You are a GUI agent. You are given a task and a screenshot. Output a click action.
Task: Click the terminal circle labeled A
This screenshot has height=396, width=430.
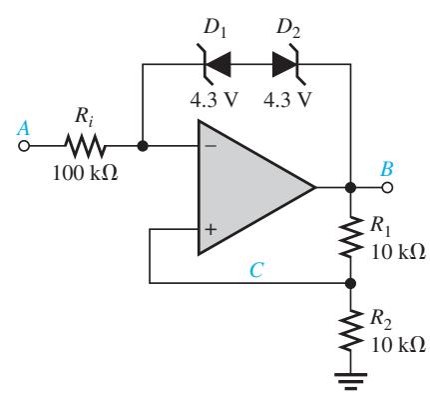pyautogui.click(x=23, y=146)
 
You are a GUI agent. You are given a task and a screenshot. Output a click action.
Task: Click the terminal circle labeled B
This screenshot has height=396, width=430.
pyautogui.click(x=387, y=188)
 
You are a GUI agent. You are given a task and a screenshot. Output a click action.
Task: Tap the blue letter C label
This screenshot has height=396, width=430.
pyautogui.click(x=256, y=270)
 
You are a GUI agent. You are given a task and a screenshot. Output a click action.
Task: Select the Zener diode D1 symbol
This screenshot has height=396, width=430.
pyautogui.click(x=216, y=64)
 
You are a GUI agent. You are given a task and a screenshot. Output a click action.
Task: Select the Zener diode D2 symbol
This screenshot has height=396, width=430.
pyautogui.click(x=286, y=64)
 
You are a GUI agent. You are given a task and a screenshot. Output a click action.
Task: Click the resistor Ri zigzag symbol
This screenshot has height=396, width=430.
pyautogui.click(x=85, y=146)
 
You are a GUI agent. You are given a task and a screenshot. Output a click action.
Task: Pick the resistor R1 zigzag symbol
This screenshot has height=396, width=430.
pyautogui.click(x=350, y=236)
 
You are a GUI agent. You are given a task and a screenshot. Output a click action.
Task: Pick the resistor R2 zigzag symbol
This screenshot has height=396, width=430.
pyautogui.click(x=350, y=331)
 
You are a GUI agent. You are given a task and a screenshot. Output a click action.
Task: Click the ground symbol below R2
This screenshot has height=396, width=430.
pyautogui.click(x=350, y=381)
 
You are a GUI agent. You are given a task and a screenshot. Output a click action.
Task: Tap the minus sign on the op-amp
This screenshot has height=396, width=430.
pyautogui.click(x=211, y=146)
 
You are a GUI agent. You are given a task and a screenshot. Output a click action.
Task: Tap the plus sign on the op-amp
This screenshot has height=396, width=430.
pyautogui.click(x=211, y=229)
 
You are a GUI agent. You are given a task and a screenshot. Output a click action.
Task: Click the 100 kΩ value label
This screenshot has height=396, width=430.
pyautogui.click(x=86, y=173)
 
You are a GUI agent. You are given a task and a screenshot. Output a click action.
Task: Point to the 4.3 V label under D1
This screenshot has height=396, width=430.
pyautogui.click(x=215, y=99)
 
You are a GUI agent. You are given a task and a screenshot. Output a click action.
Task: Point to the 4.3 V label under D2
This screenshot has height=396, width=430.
pyautogui.click(x=287, y=99)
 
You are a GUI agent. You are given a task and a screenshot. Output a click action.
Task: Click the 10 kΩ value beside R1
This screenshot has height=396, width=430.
pyautogui.click(x=398, y=252)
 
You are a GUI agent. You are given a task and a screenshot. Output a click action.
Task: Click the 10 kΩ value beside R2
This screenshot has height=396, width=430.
pyautogui.click(x=398, y=344)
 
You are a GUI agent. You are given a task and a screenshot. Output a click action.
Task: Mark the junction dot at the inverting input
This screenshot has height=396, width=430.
pyautogui.click(x=143, y=146)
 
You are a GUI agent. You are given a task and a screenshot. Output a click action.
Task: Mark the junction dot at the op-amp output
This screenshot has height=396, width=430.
pyautogui.click(x=350, y=188)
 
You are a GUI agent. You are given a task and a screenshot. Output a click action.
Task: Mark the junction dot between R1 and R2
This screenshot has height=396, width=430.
pyautogui.click(x=350, y=283)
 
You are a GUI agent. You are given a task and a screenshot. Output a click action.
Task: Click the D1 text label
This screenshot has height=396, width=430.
pyautogui.click(x=215, y=29)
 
